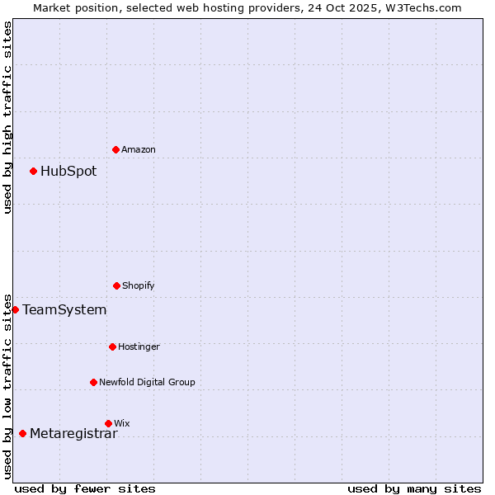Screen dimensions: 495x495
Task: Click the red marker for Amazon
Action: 115,149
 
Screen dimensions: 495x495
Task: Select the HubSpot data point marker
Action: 33,171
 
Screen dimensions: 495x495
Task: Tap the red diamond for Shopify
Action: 116,285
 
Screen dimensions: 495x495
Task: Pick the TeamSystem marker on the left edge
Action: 15,309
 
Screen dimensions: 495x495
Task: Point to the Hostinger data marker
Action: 112,346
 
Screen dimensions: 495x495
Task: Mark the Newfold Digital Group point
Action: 93,382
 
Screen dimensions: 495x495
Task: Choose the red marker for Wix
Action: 108,423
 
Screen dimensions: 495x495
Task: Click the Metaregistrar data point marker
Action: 22,433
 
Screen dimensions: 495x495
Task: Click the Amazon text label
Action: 139,149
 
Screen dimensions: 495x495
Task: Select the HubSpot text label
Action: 68,172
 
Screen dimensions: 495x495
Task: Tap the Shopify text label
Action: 139,285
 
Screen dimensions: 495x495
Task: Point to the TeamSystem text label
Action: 64,310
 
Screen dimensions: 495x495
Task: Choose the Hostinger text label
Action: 139,346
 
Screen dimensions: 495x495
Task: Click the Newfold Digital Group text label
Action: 147,382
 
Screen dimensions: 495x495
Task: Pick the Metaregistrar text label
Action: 73,434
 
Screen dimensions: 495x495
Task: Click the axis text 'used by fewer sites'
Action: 85,488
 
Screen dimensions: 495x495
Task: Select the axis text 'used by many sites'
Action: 414,488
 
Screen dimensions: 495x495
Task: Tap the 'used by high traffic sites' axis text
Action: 7,117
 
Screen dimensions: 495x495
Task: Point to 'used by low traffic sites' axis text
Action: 7,385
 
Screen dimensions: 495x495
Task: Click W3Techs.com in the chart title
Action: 421,7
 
